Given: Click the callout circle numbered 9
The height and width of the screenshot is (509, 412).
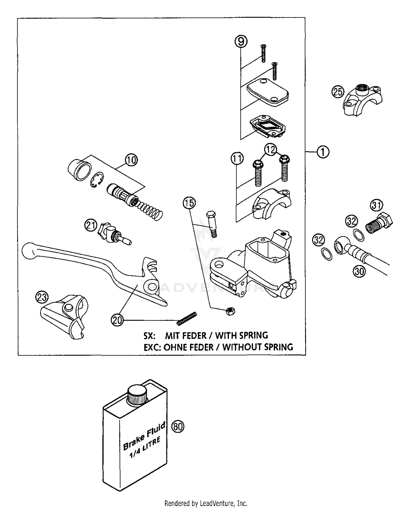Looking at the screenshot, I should [x=241, y=42].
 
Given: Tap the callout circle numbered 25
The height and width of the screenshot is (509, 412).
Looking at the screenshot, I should [x=338, y=91].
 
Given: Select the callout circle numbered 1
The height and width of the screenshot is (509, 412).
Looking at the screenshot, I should [x=323, y=152].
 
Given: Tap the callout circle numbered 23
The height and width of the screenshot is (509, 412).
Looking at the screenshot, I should [x=42, y=297].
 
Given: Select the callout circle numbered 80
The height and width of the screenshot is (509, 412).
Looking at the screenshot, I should [x=178, y=427].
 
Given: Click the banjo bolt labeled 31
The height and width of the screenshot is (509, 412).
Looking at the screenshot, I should [x=379, y=224].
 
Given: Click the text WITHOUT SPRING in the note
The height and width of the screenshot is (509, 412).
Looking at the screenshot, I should [x=257, y=347].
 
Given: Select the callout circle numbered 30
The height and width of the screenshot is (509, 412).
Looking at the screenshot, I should [x=359, y=272].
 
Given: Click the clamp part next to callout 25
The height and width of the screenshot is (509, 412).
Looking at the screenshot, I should [x=363, y=100].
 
